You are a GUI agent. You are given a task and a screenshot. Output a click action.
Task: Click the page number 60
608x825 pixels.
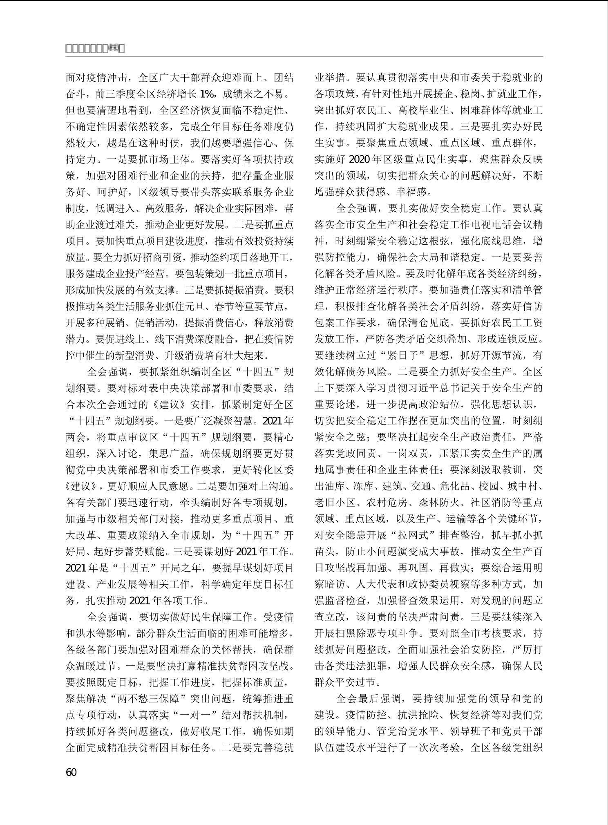tap(71, 772)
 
